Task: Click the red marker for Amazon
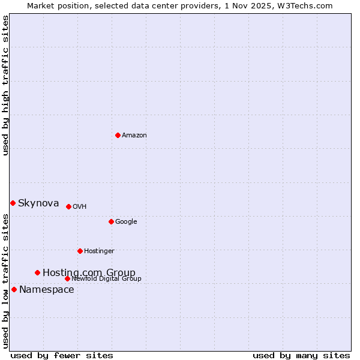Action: [x=118, y=135]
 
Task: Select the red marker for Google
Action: [x=111, y=221]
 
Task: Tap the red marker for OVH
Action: [x=68, y=206]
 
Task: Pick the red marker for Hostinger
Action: [x=80, y=251]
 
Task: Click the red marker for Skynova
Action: [x=13, y=203]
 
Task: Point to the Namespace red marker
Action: [x=14, y=289]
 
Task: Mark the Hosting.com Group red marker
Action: [x=37, y=272]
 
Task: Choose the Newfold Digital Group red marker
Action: [x=67, y=278]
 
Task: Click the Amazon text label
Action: [x=134, y=136]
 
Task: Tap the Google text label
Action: [x=126, y=222]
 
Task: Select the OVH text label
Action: [x=79, y=207]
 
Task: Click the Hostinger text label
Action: [x=99, y=251]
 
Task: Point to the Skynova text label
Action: [x=38, y=203]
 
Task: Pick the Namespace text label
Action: [x=47, y=290]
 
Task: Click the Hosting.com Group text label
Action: [x=89, y=273]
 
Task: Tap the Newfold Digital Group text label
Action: [x=106, y=279]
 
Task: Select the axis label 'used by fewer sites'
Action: [x=62, y=355]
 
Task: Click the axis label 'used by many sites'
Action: [x=301, y=355]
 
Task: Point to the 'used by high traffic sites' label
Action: [x=6, y=85]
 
